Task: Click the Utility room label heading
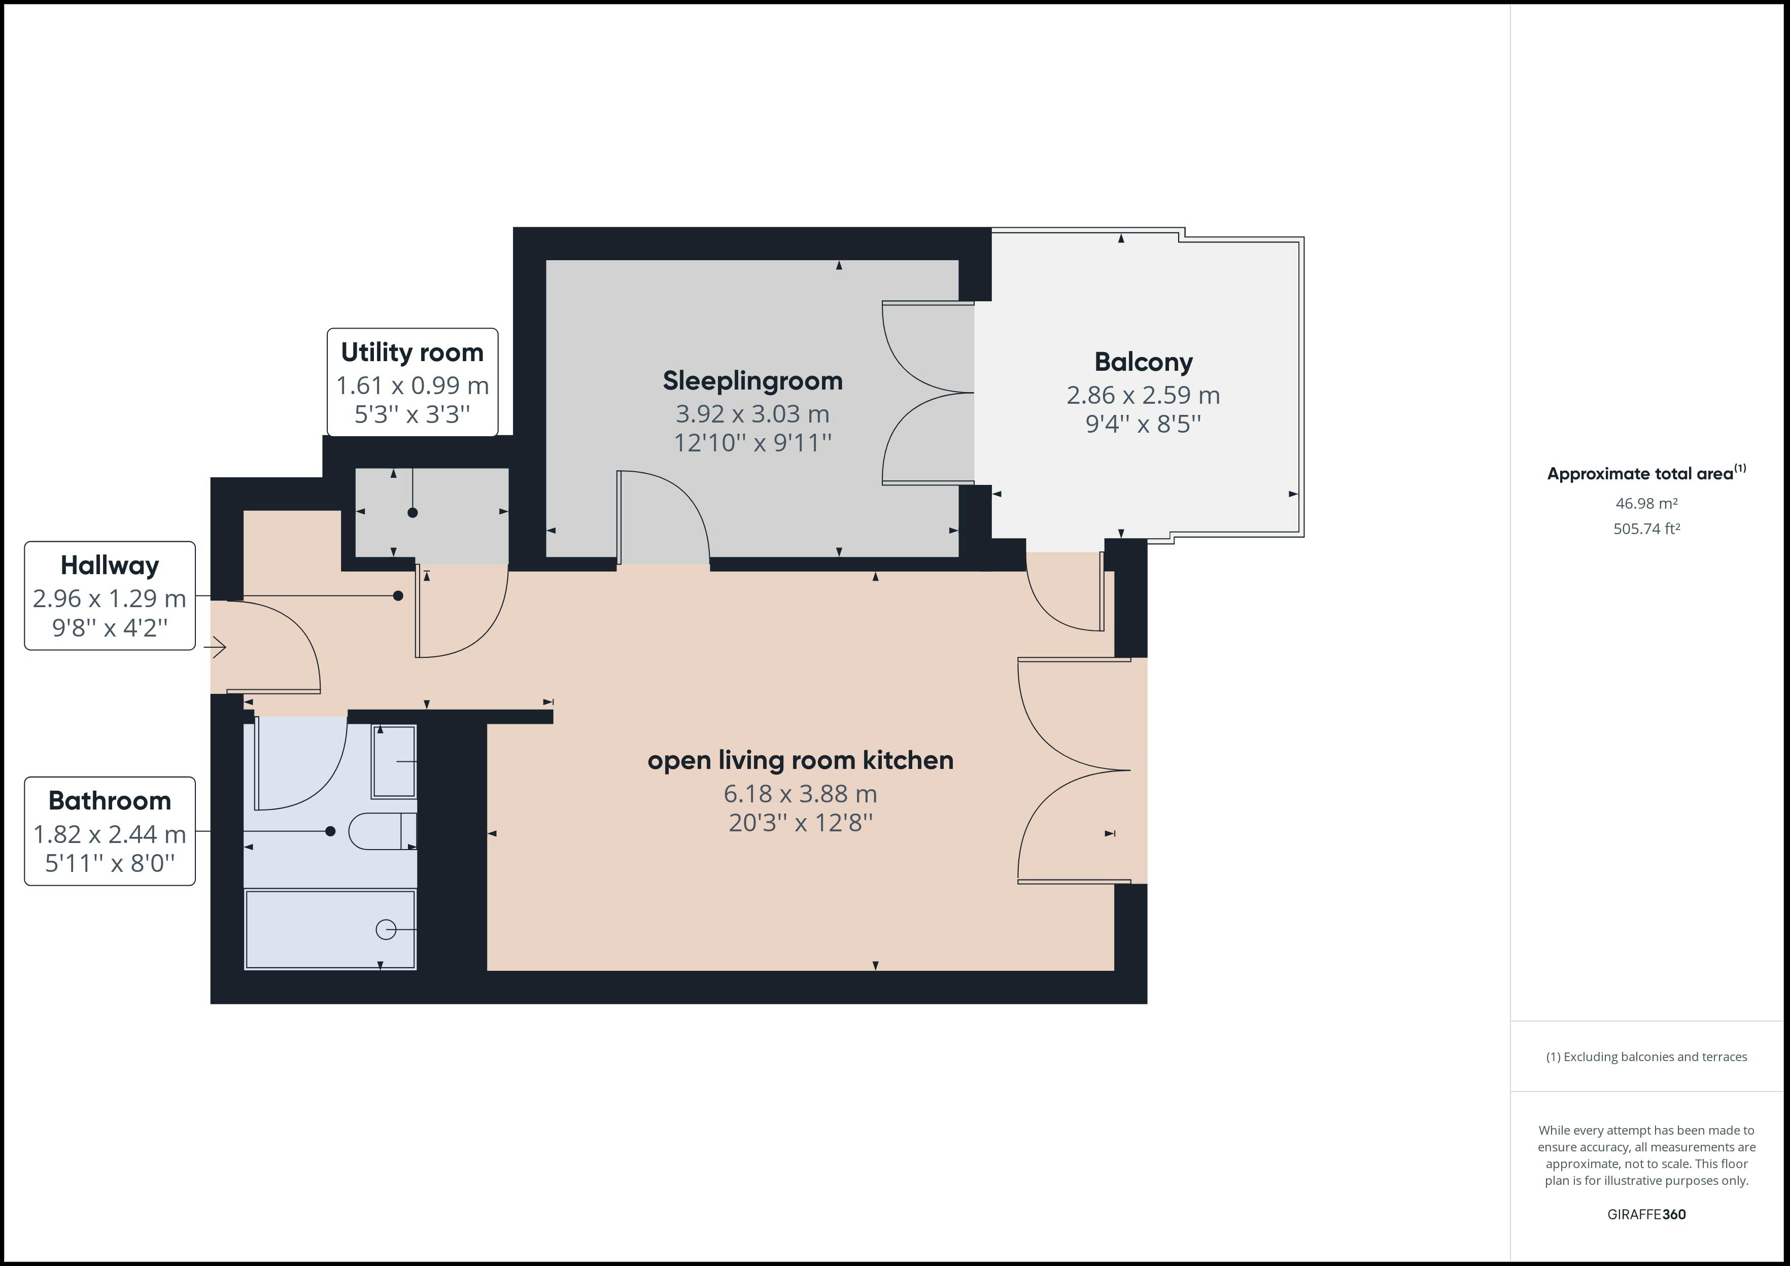coord(412,353)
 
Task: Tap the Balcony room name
coord(1144,362)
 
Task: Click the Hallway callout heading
coord(110,565)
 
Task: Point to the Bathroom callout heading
coord(110,800)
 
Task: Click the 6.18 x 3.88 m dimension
coord(801,794)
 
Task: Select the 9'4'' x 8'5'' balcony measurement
coord(1144,424)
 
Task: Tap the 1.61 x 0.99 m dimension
coord(412,385)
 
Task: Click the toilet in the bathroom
coord(382,831)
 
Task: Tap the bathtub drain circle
coord(386,929)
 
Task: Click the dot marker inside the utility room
coord(412,512)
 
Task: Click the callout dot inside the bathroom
coord(331,831)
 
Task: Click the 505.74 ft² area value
coord(1646,529)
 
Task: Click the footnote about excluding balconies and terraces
coord(1646,1057)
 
